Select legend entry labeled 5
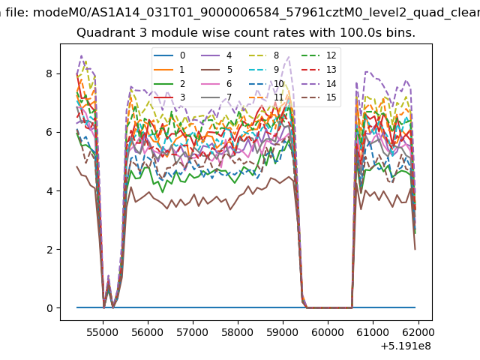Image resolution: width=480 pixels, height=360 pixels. [217, 70]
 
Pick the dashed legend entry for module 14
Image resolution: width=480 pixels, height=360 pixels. [319, 83]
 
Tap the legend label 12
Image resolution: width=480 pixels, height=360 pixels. [331, 55]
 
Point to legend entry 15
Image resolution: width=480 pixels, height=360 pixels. [319, 97]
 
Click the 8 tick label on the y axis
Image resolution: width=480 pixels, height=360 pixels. [49, 73]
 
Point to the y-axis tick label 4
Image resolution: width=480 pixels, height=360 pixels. [49, 191]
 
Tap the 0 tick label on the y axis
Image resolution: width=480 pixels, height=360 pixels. [49, 308]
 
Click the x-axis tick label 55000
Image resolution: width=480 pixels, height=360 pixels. [103, 332]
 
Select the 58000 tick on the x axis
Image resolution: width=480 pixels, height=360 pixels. [238, 332]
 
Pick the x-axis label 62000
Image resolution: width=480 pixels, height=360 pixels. [418, 332]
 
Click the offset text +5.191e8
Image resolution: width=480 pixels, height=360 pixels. [406, 346]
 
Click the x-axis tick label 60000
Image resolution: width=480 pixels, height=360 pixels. [328, 332]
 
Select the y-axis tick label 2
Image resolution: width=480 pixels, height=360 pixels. [49, 250]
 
